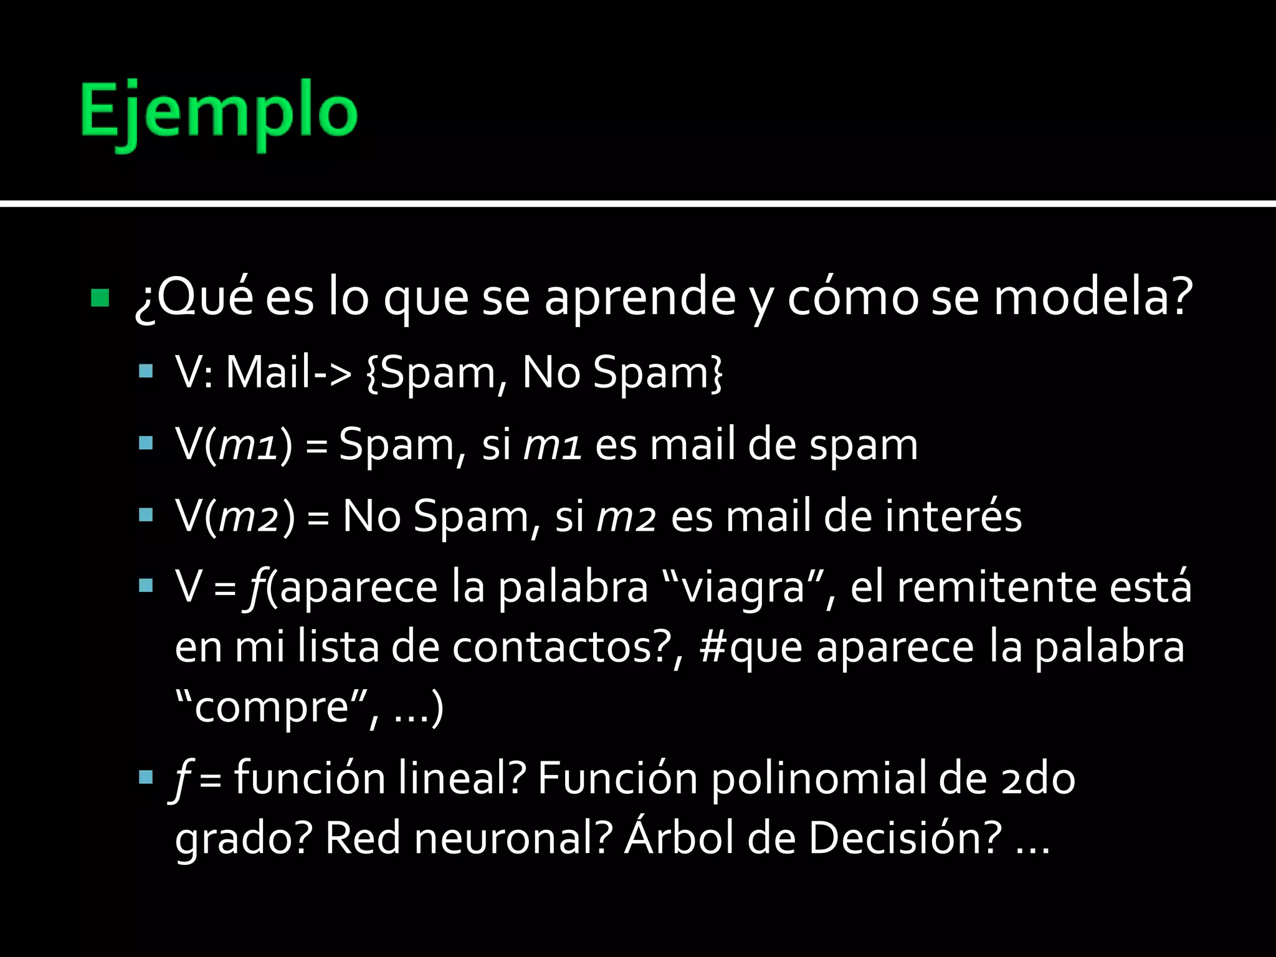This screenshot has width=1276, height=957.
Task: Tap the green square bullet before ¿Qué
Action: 100,298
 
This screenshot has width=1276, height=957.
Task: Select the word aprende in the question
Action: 640,298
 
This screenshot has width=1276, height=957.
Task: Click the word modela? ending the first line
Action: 1093,298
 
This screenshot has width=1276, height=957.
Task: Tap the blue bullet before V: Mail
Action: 146,373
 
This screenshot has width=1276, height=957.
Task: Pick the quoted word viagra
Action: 741,588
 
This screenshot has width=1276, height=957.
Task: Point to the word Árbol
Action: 679,838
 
